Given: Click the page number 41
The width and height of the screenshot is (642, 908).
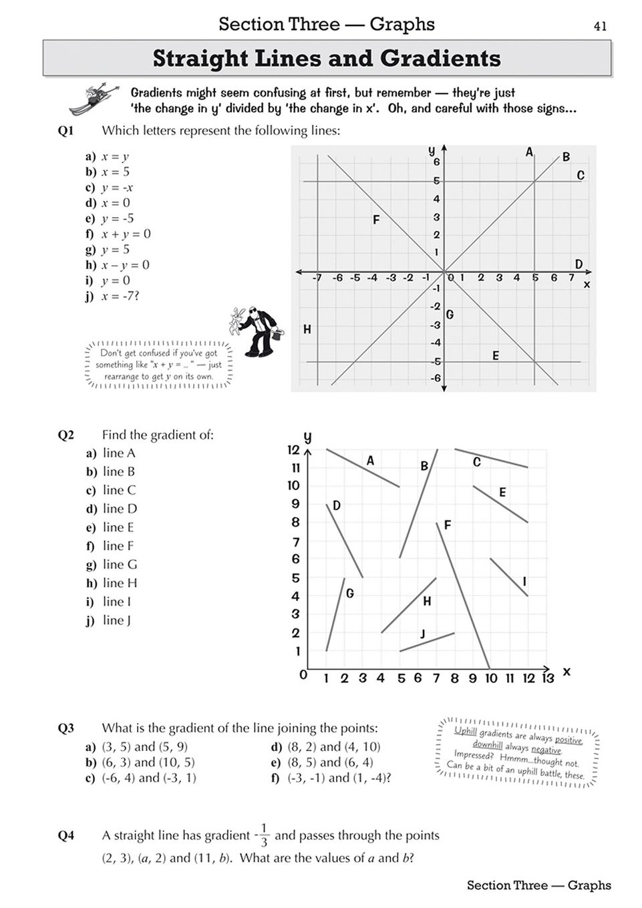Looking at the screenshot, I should (600, 26).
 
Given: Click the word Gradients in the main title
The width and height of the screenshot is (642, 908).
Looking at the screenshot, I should (440, 59).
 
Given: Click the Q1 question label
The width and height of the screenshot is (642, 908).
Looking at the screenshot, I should (65, 131).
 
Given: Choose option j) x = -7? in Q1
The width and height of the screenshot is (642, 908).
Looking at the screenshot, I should (112, 296).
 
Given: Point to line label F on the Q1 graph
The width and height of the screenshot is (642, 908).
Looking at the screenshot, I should (376, 220).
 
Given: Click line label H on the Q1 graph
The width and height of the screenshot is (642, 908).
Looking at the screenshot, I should (307, 329).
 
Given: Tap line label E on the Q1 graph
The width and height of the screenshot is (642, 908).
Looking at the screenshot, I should (496, 356).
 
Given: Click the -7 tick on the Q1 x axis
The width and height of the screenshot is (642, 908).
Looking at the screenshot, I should (317, 278).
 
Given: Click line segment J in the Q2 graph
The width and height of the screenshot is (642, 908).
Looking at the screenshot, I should (427, 642).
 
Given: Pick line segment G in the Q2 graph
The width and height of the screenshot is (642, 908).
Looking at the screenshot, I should (335, 614).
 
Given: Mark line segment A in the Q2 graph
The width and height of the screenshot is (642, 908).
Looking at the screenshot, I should (363, 468).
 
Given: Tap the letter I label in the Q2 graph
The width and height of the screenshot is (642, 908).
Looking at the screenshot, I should (524, 582).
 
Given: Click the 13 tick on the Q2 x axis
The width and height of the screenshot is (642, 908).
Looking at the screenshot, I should (548, 678).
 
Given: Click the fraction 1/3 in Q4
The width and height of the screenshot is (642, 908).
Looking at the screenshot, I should (264, 835).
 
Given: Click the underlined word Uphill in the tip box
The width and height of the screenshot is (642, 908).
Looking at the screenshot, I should (466, 730).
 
